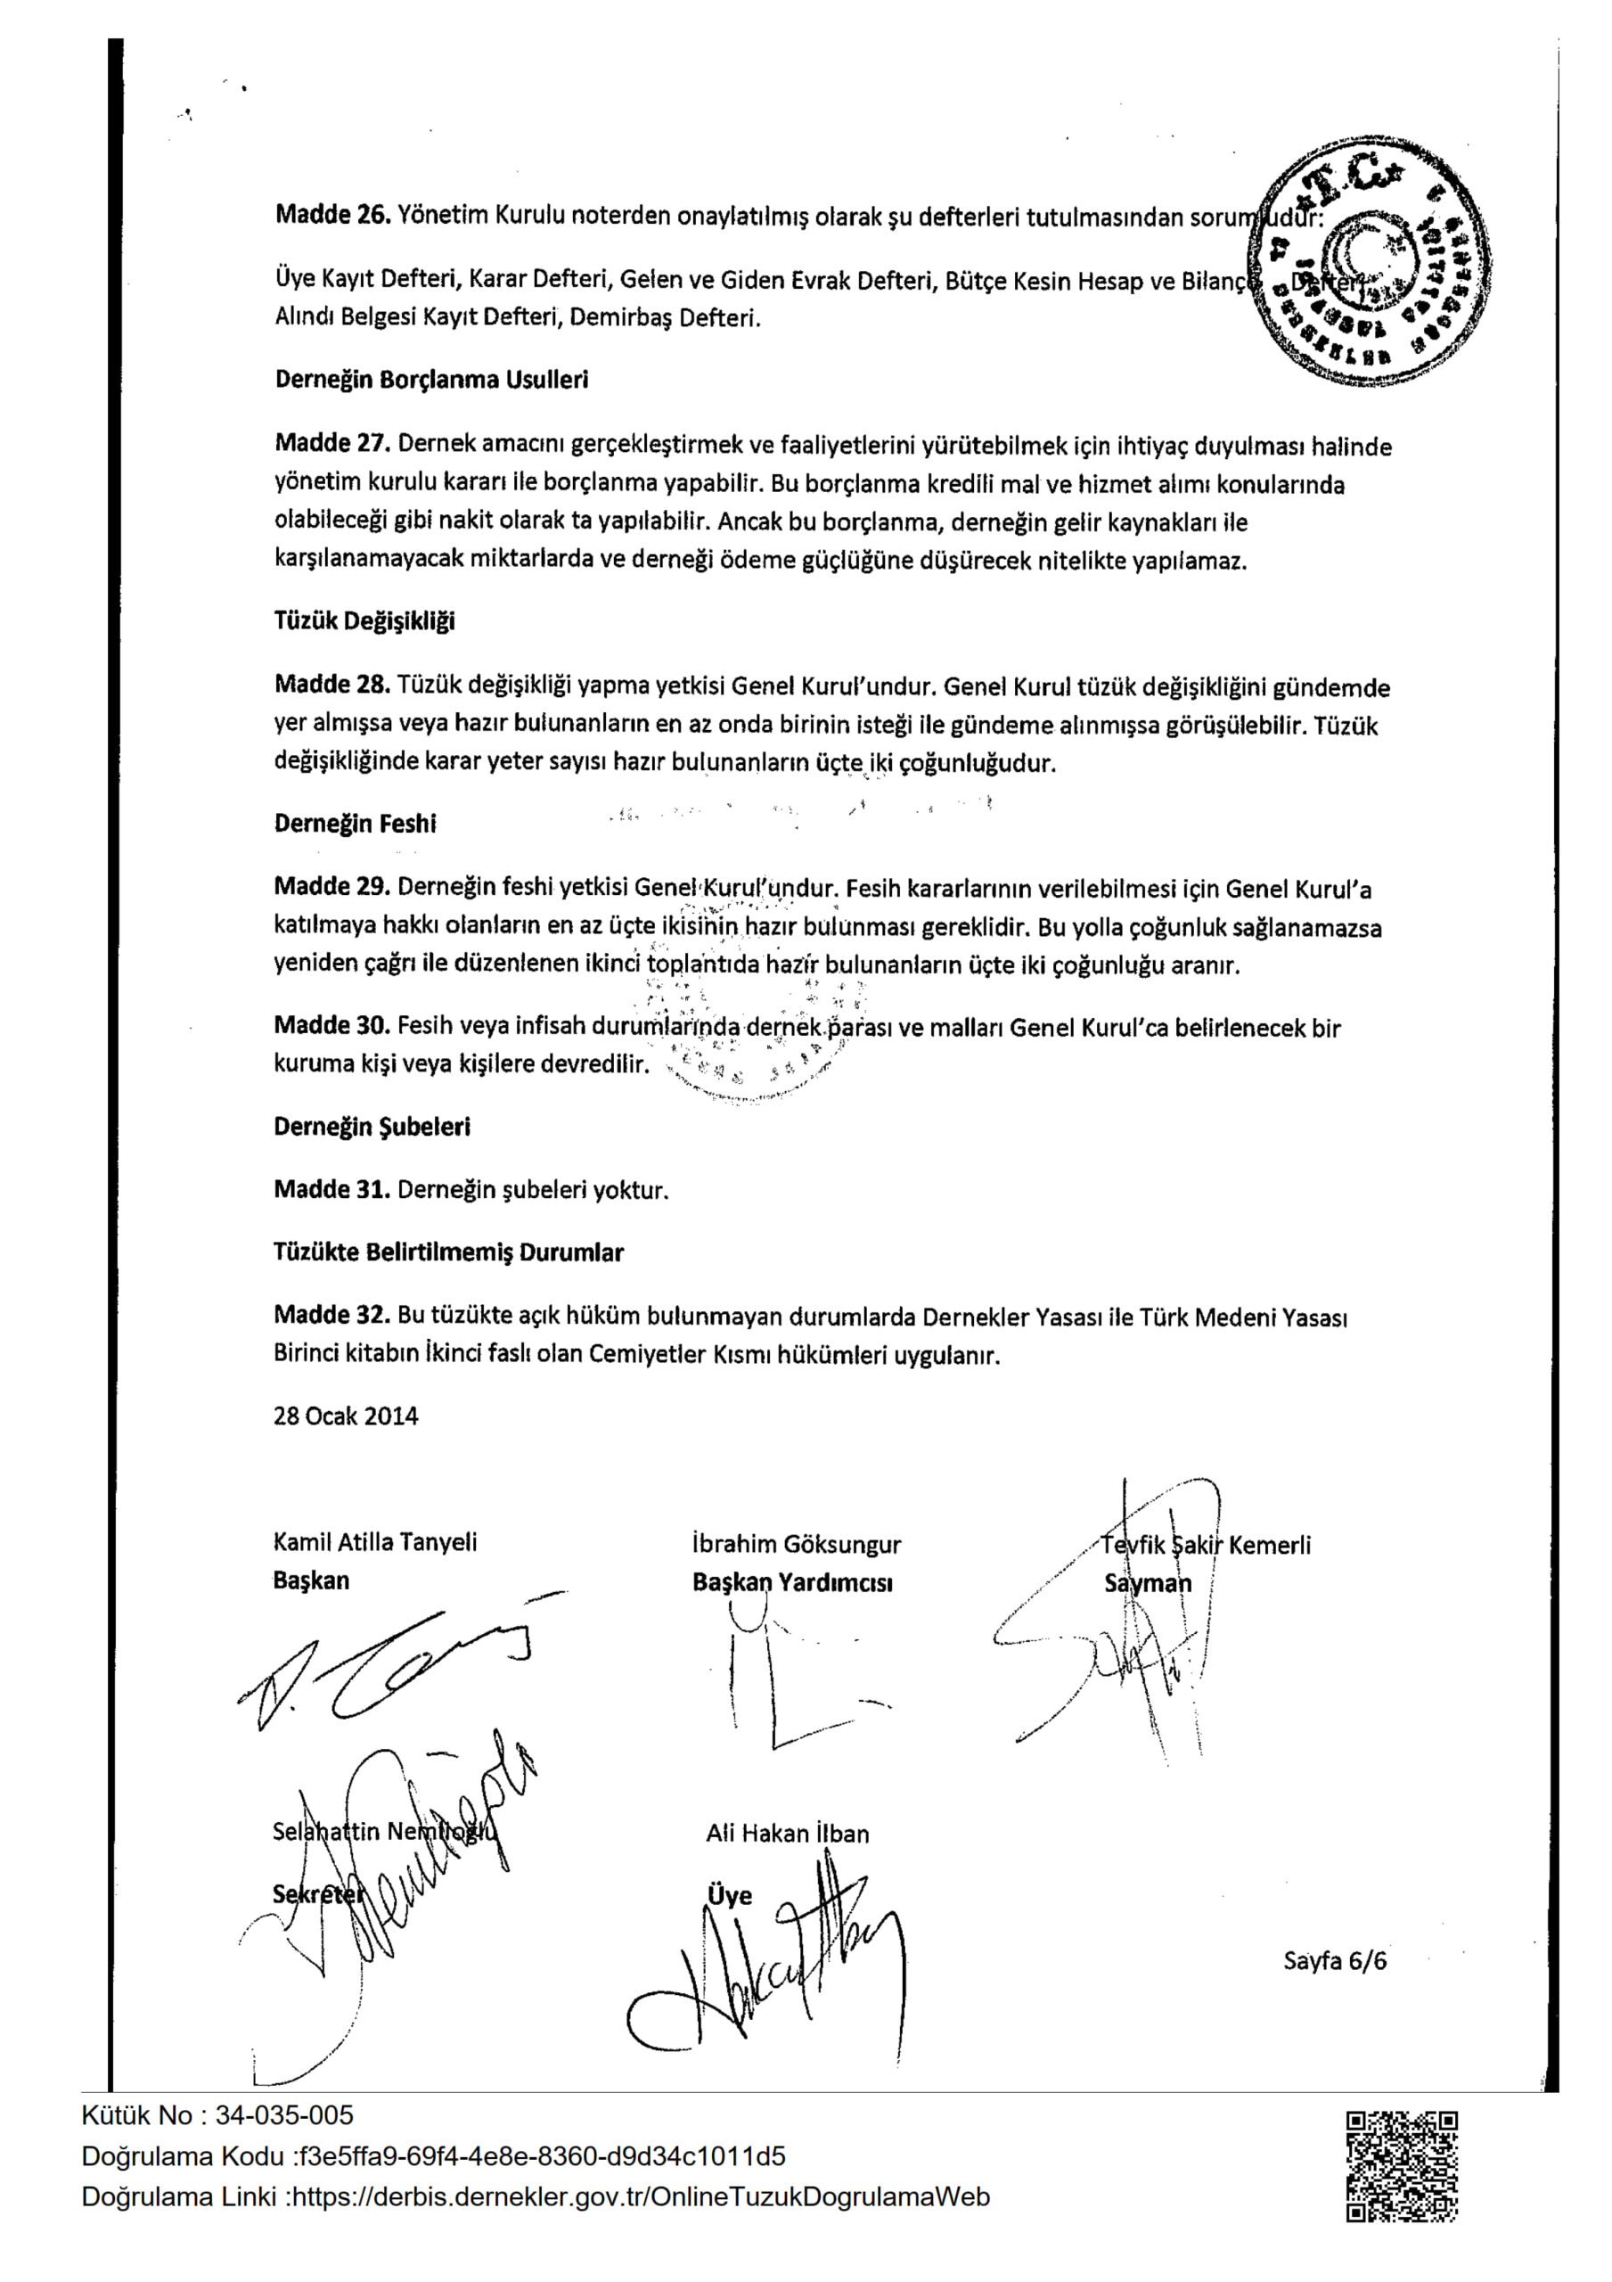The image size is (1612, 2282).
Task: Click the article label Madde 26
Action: tap(332, 216)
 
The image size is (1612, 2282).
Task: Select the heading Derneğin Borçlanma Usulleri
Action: tap(431, 380)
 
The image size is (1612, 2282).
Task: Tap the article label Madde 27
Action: tap(332, 443)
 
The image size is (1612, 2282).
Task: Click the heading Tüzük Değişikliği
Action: tap(364, 621)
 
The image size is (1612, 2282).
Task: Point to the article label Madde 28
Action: tap(332, 685)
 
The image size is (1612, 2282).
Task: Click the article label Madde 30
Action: tap(332, 1026)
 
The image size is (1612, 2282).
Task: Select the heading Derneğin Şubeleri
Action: tap(372, 1126)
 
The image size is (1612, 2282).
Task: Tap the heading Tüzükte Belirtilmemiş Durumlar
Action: tap(448, 1252)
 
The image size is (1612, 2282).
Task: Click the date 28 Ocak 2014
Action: tap(346, 1416)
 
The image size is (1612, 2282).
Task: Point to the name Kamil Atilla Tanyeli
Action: tap(374, 1541)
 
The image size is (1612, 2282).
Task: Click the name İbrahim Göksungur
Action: tap(796, 1544)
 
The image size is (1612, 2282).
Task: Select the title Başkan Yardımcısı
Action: tap(792, 1582)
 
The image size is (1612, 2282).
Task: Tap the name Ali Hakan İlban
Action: tap(787, 1833)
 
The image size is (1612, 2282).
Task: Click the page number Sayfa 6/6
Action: tap(1335, 1961)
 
